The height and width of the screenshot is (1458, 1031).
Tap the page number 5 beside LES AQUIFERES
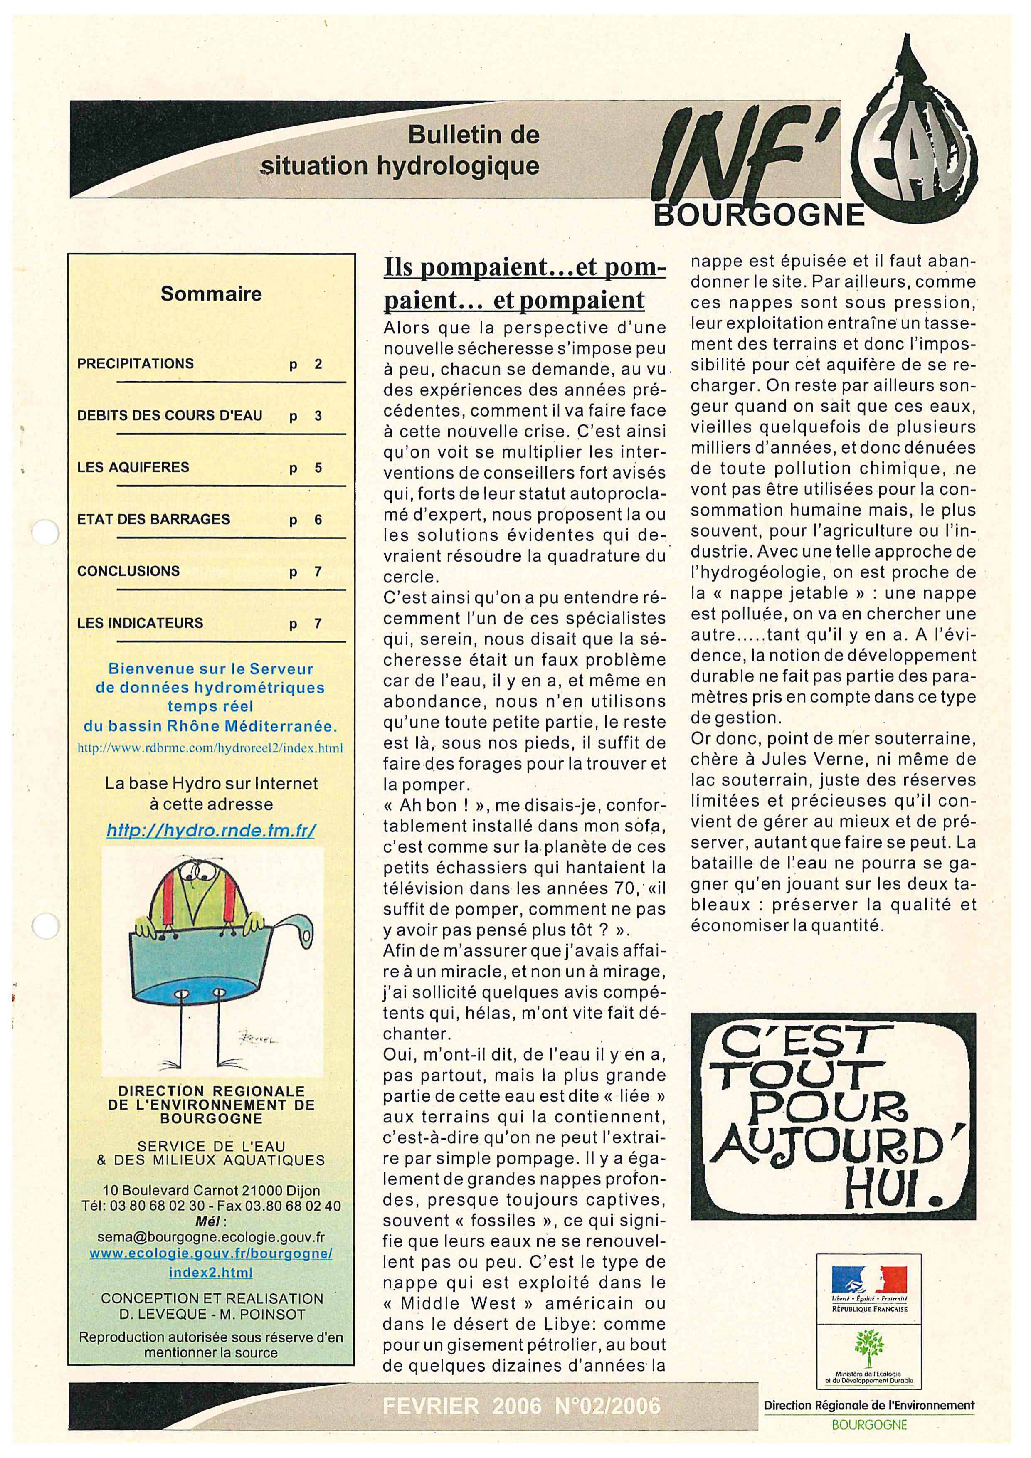[x=318, y=468]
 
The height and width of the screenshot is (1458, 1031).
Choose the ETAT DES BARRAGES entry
[x=154, y=519]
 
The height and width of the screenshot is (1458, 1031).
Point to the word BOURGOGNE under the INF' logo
[x=759, y=216]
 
